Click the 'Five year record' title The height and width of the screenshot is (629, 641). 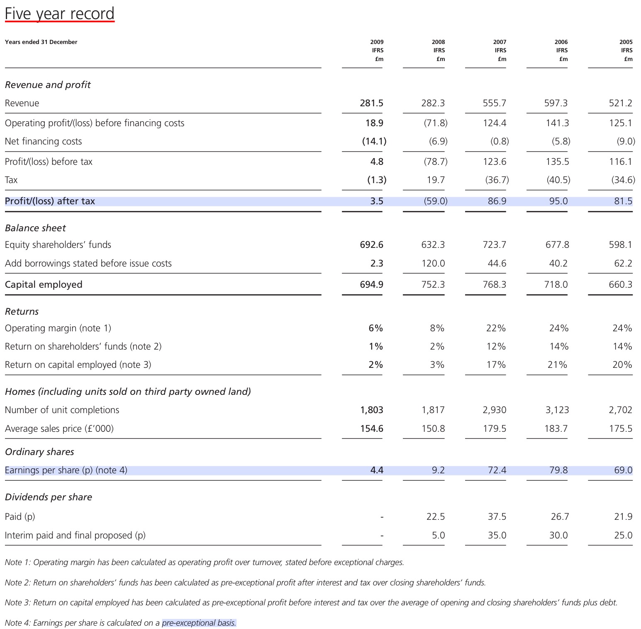(59, 14)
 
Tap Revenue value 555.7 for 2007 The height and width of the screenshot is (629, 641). (494, 103)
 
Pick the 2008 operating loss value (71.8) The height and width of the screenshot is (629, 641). (435, 123)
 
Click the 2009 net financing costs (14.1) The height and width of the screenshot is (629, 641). (374, 141)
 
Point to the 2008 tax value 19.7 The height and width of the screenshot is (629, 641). (436, 180)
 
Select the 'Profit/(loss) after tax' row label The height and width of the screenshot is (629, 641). (50, 201)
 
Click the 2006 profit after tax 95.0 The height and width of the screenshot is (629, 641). (558, 201)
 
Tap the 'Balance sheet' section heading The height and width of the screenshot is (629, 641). (35, 228)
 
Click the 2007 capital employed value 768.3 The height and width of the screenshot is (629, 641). (494, 284)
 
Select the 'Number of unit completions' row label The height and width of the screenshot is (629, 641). (62, 410)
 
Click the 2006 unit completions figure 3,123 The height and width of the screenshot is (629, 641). (557, 410)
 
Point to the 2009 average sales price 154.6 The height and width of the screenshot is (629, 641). (371, 428)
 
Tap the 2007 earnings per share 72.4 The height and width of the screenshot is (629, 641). (497, 470)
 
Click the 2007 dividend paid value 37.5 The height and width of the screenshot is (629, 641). (497, 516)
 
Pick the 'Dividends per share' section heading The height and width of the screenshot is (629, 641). (48, 497)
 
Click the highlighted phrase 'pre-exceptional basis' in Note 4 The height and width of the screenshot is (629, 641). (199, 623)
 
